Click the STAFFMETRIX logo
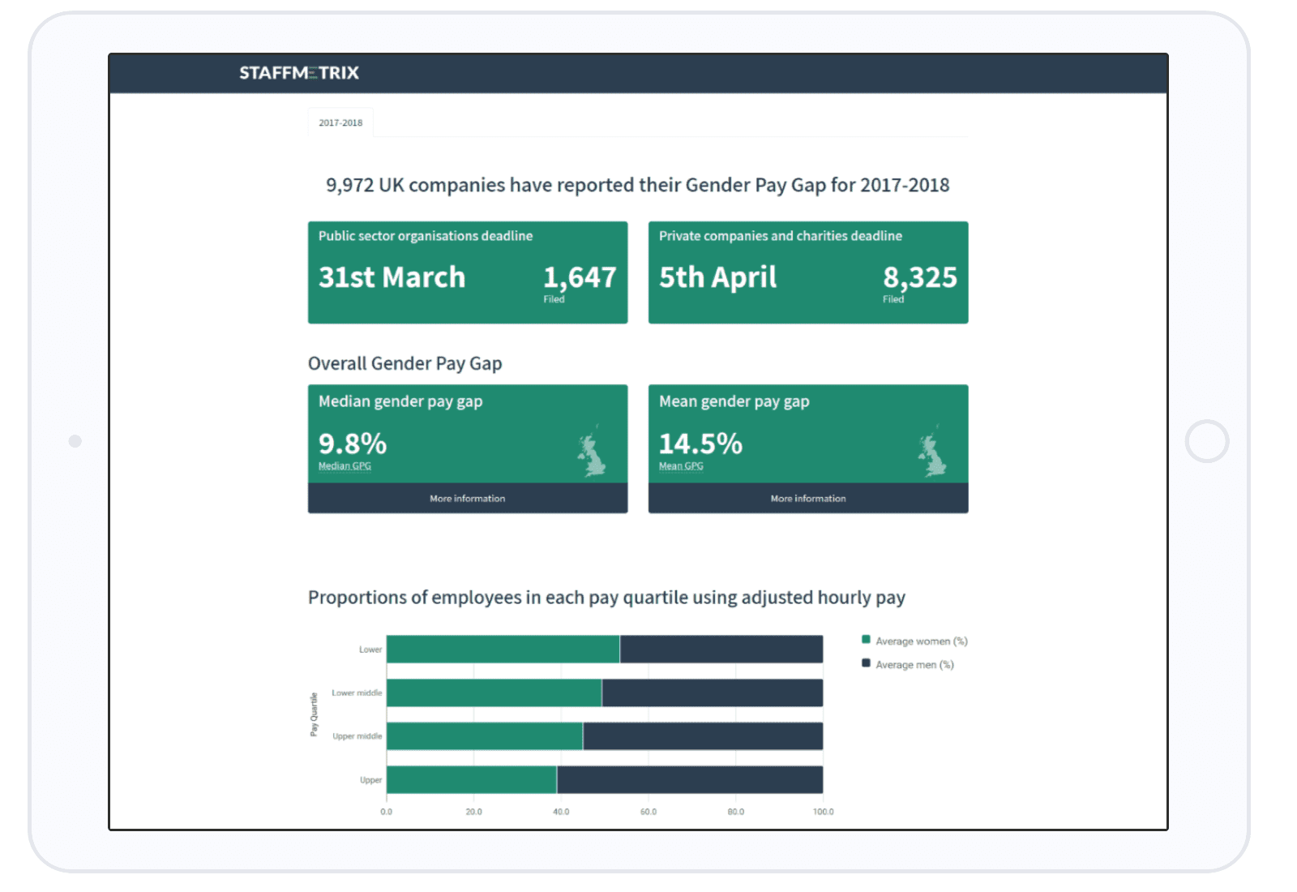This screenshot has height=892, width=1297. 299,73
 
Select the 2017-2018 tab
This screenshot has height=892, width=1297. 340,122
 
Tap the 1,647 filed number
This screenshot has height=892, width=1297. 580,277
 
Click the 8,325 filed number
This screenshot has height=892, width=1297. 919,277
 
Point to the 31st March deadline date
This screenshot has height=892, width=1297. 392,277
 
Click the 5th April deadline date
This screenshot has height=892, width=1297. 718,277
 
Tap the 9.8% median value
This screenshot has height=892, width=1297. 353,444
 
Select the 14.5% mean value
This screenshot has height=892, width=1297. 700,444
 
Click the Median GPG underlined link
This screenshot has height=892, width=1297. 345,465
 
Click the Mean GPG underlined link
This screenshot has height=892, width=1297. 682,465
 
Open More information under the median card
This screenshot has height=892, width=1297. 467,498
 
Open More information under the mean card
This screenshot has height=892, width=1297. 808,498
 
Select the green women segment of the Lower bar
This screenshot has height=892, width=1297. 503,649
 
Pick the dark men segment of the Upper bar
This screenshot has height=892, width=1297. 690,779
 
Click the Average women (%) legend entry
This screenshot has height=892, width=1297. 915,641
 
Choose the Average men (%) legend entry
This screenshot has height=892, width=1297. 908,664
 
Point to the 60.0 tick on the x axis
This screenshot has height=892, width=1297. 648,812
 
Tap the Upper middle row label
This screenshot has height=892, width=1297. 357,736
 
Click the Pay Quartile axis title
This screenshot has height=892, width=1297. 314,714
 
